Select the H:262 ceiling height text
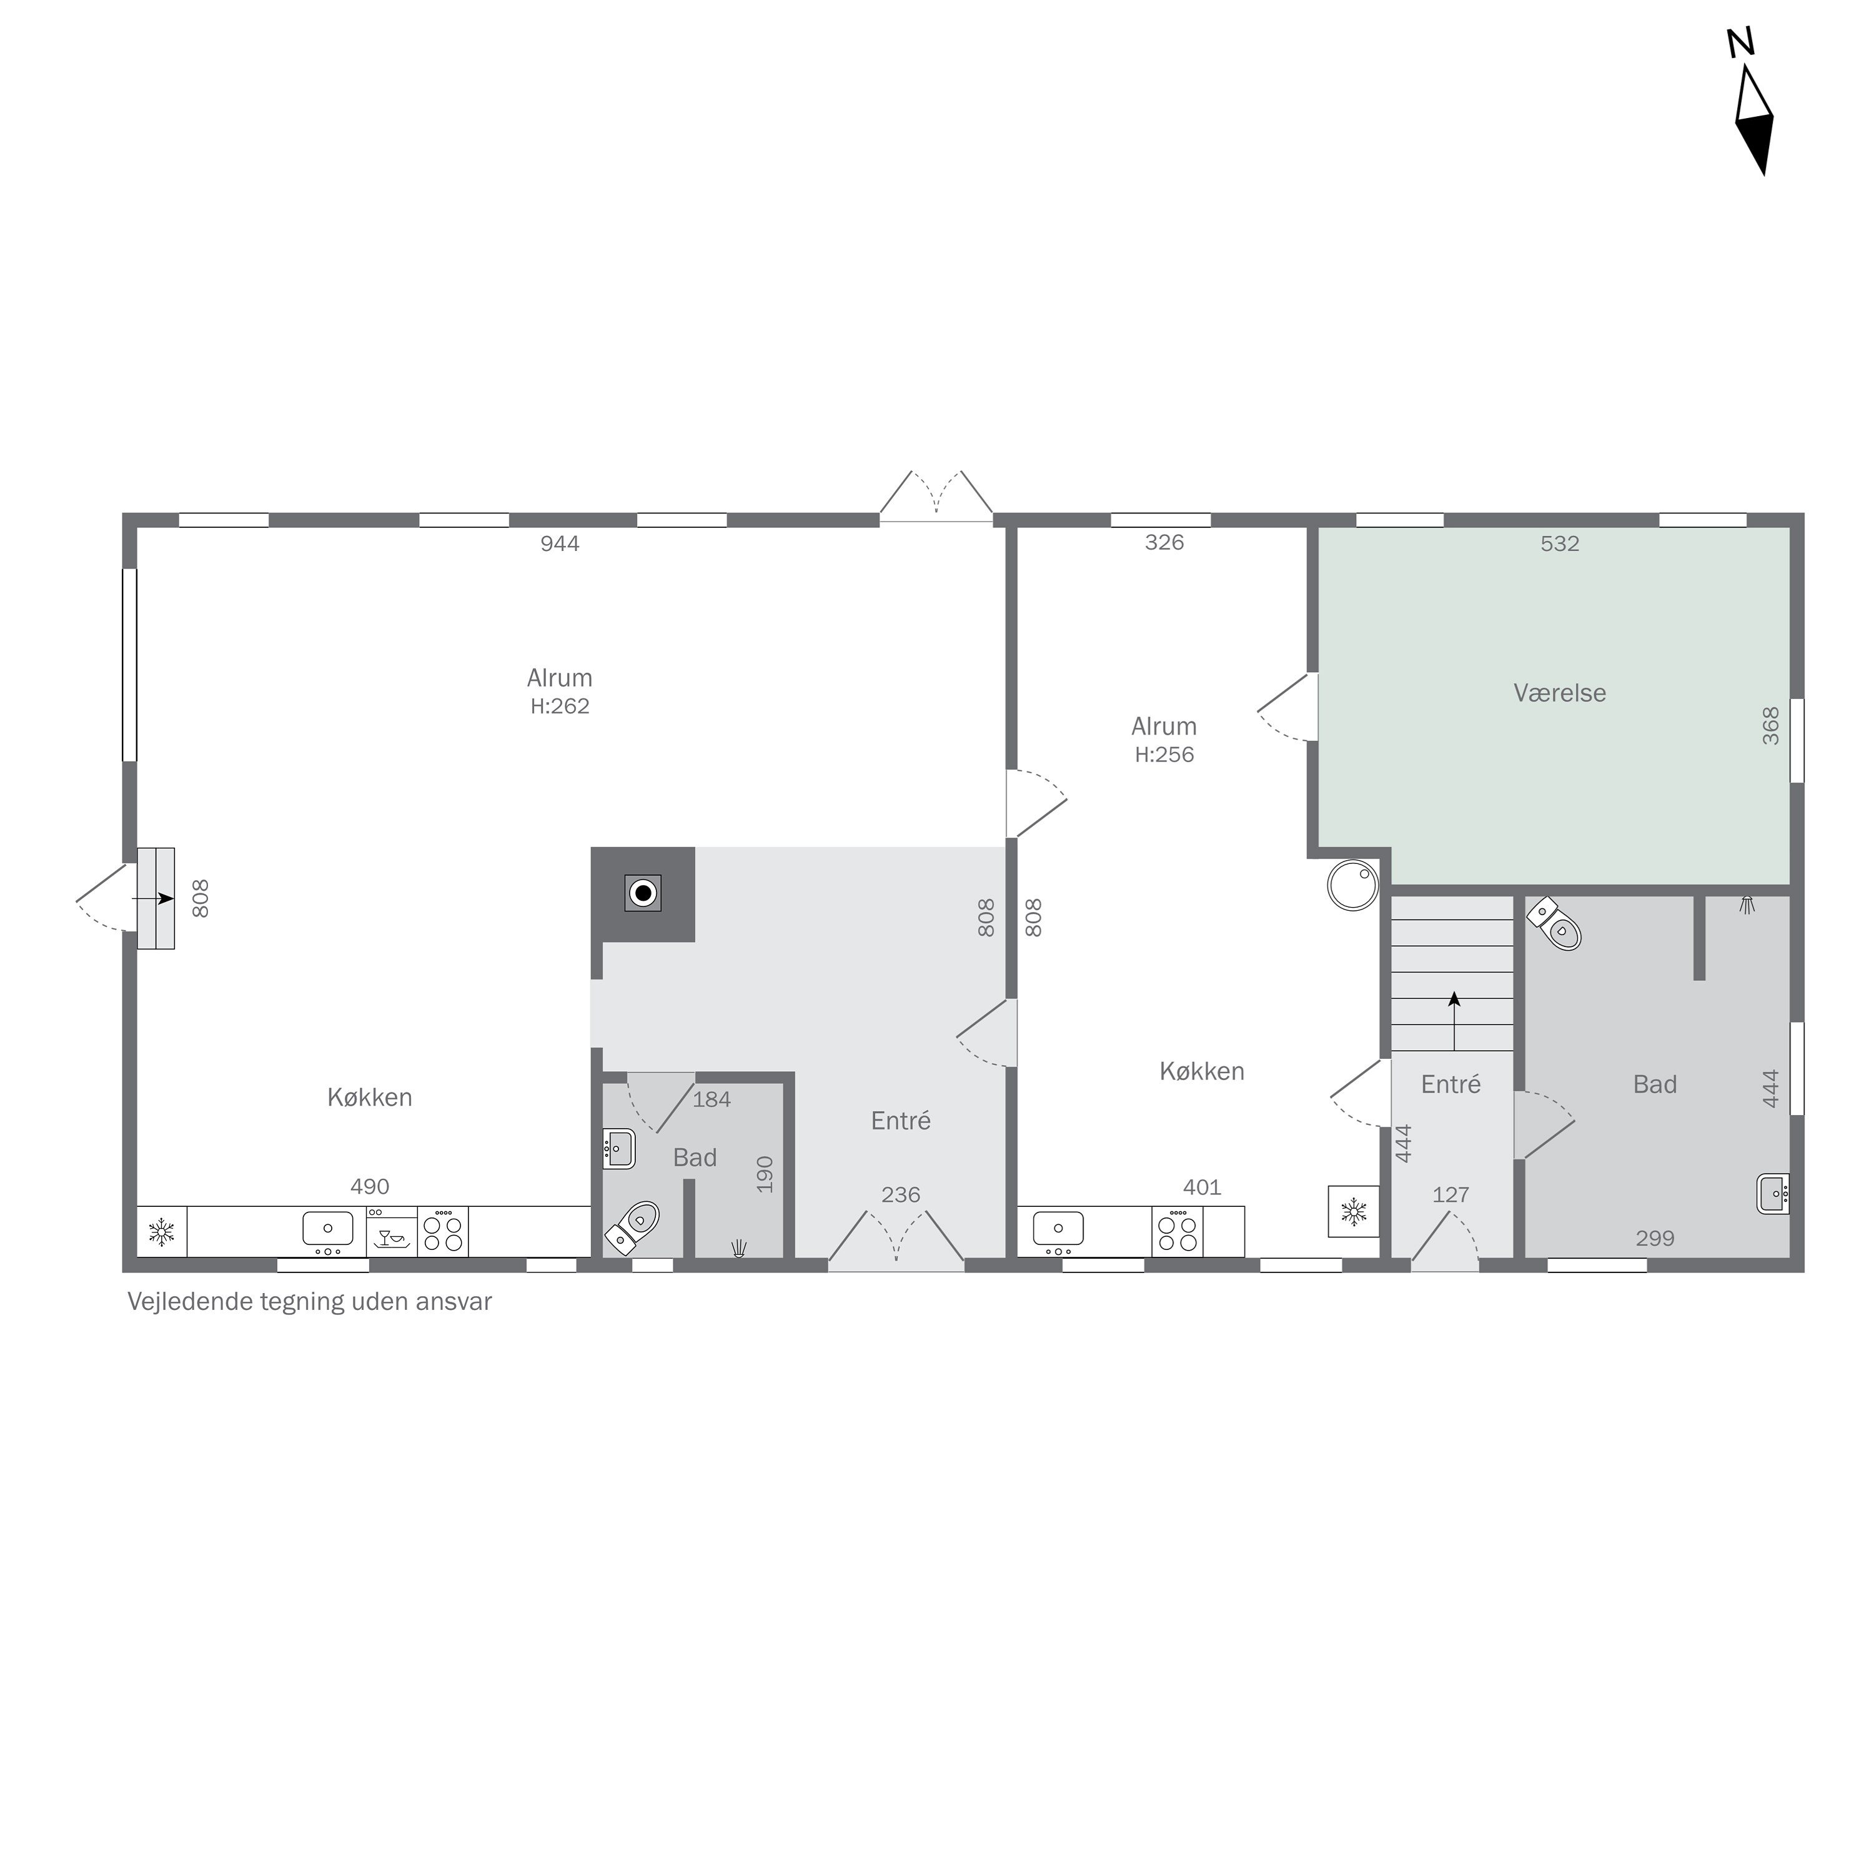pyautogui.click(x=560, y=706)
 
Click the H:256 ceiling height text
pyautogui.click(x=1164, y=755)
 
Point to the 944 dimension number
pyautogui.click(x=560, y=543)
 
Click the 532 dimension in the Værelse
pyautogui.click(x=1560, y=543)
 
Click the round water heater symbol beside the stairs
pyautogui.click(x=1353, y=885)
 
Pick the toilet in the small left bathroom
pyautogui.click(x=632, y=1227)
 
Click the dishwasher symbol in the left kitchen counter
pyautogui.click(x=392, y=1232)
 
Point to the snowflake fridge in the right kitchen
pyautogui.click(x=1353, y=1211)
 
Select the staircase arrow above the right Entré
pyautogui.click(x=1454, y=1021)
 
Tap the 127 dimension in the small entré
pyautogui.click(x=1451, y=1195)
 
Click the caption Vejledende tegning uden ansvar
pyautogui.click(x=309, y=1302)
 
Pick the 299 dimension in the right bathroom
pyautogui.click(x=1655, y=1239)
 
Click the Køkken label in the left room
pyautogui.click(x=370, y=1097)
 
